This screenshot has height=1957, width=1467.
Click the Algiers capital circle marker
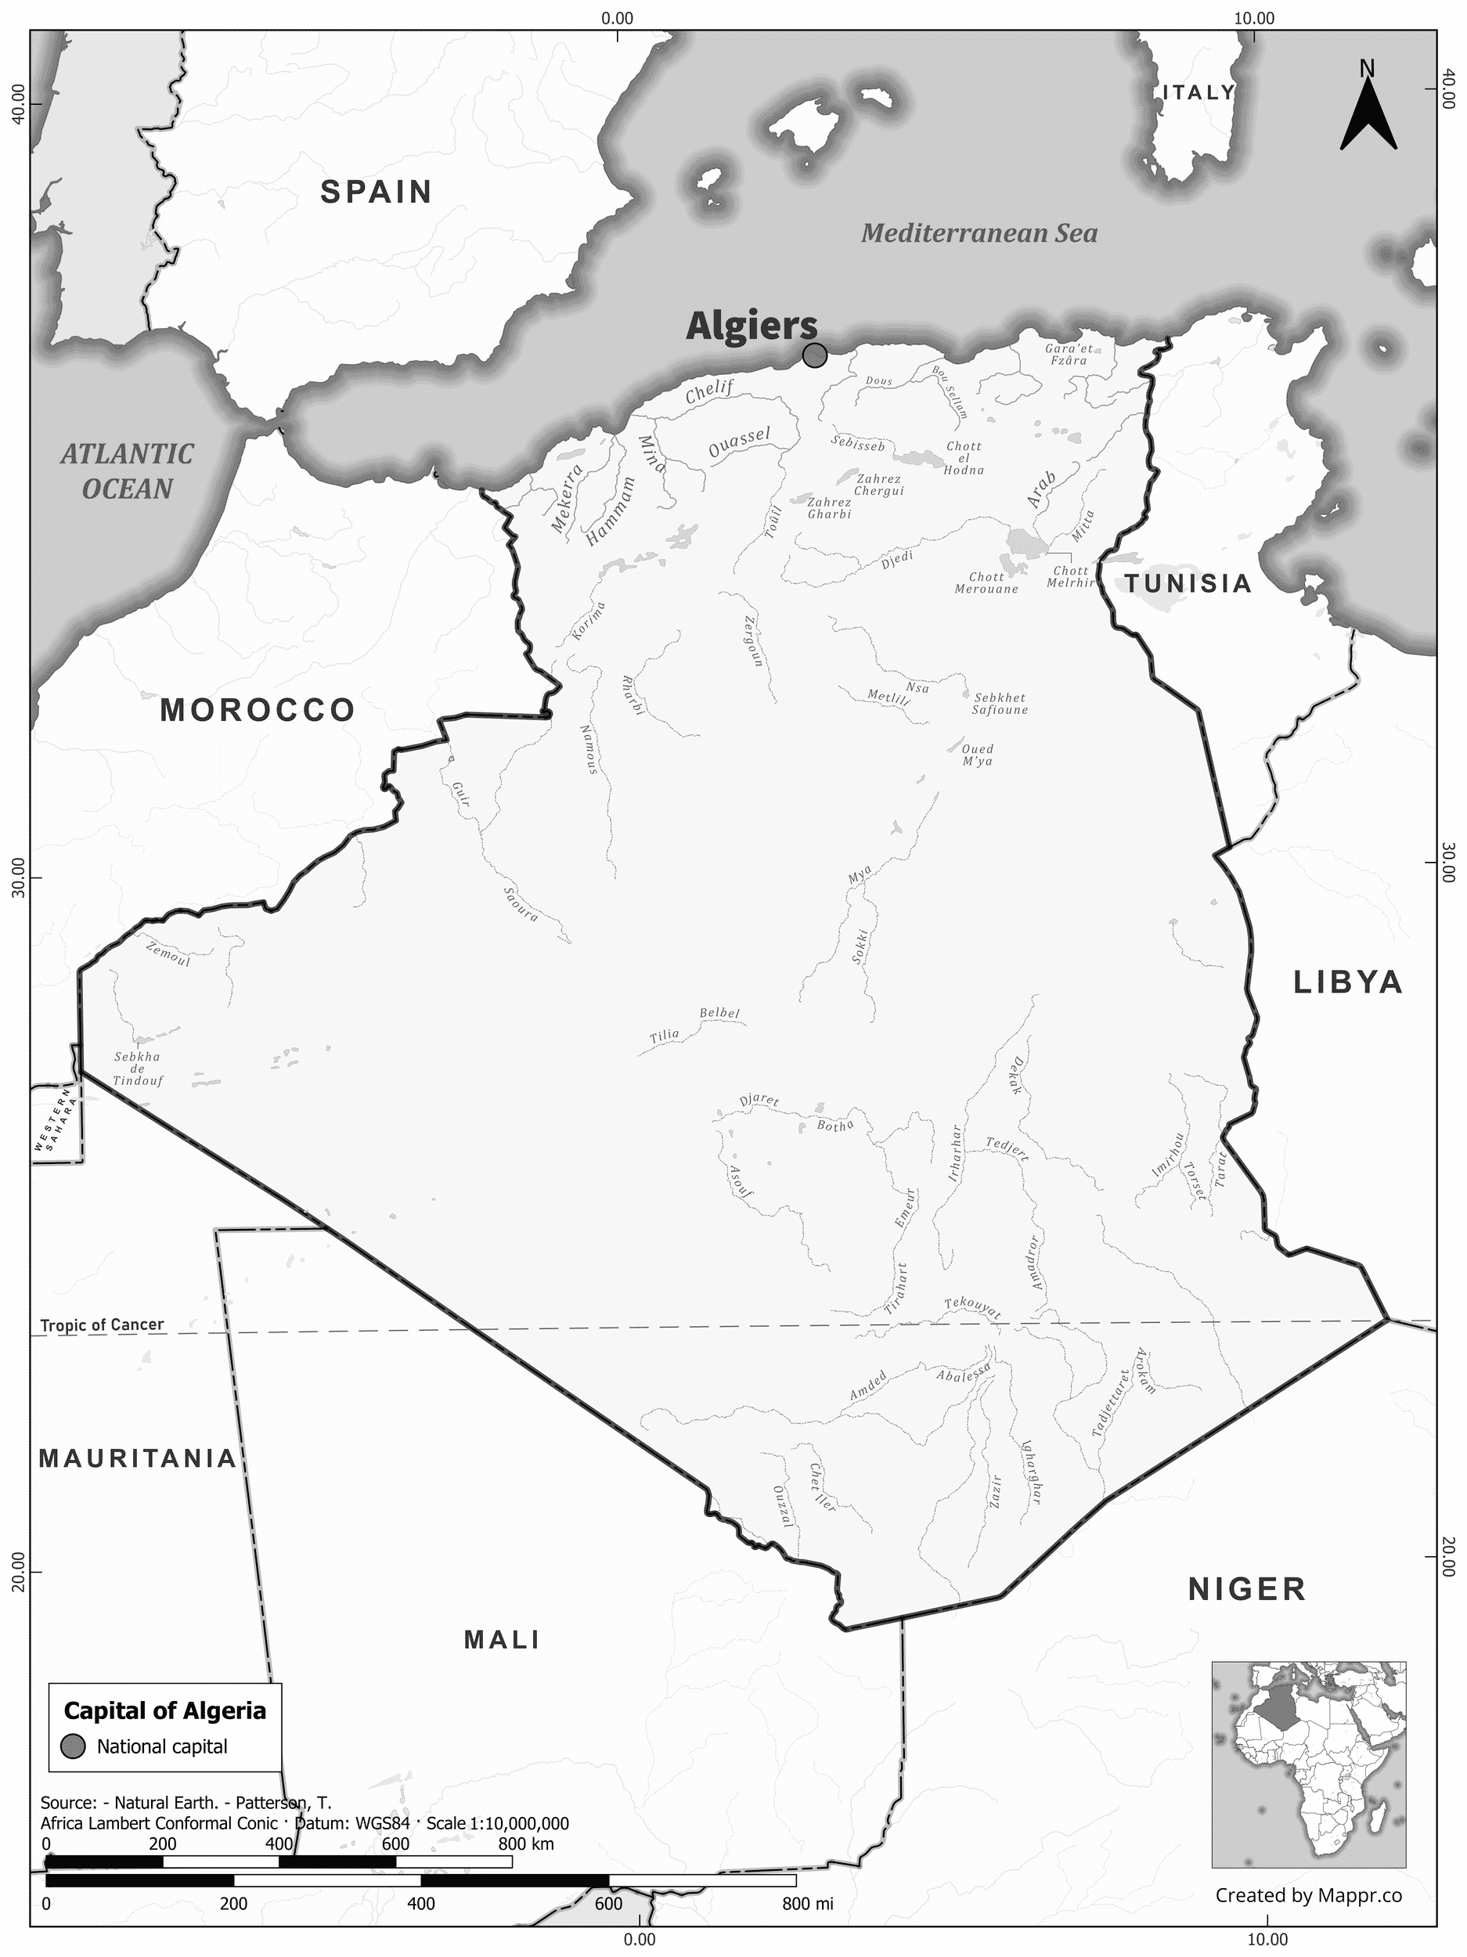coord(814,355)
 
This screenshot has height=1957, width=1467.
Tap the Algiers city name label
coord(752,326)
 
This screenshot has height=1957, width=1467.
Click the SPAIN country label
coord(376,192)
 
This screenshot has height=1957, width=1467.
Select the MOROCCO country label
coord(258,709)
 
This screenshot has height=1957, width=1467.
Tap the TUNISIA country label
coord(1188,583)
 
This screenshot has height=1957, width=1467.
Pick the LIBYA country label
coord(1347,982)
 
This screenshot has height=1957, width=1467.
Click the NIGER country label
coord(1245,1589)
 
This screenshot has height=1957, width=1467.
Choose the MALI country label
coord(502,1639)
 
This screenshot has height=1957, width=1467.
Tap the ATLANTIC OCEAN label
coord(128,471)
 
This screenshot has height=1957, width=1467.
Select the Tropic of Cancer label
coord(102,1324)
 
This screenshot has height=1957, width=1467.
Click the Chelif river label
coord(709,391)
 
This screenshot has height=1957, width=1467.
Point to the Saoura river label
coord(521,904)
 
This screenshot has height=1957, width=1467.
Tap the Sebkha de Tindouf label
coord(137,1068)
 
